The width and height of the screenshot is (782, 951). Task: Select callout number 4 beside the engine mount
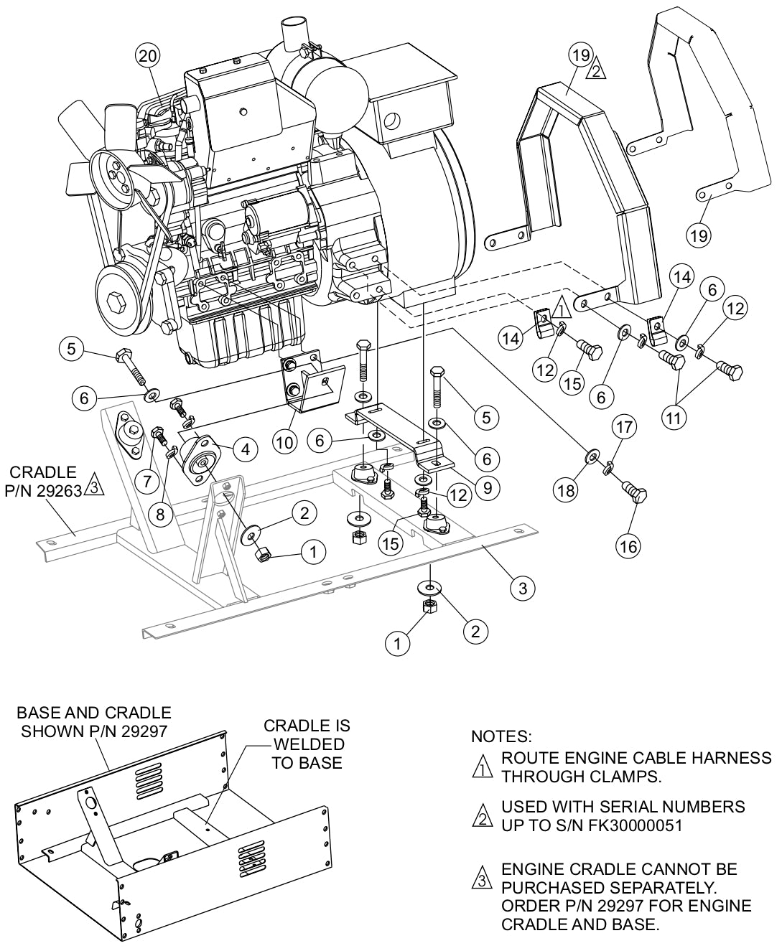coord(246,450)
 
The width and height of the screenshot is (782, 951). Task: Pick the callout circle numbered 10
coord(285,443)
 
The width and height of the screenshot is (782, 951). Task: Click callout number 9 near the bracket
coord(487,488)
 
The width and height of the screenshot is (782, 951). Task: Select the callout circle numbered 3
coord(522,589)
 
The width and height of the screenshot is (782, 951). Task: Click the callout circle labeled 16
coord(628,546)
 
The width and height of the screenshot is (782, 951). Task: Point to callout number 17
coord(624,428)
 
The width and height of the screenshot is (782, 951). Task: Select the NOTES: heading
coord(501,736)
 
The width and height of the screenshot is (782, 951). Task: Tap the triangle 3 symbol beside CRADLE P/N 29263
coord(93,489)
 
